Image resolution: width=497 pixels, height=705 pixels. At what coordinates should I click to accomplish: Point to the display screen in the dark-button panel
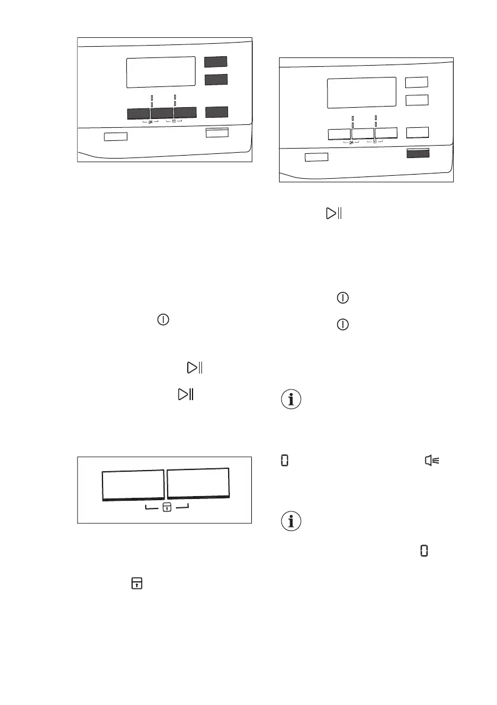click(x=161, y=72)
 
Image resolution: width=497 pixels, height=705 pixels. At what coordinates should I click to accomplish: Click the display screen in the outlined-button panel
click(x=361, y=92)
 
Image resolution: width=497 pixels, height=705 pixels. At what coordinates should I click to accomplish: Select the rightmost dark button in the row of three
click(x=185, y=113)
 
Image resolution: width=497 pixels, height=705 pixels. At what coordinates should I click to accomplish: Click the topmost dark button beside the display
click(x=216, y=62)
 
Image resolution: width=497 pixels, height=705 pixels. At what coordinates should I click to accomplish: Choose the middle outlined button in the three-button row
click(x=363, y=134)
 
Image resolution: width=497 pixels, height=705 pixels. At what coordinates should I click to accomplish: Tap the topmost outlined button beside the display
click(x=416, y=82)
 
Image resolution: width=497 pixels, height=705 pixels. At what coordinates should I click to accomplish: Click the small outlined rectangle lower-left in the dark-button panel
click(x=116, y=137)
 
